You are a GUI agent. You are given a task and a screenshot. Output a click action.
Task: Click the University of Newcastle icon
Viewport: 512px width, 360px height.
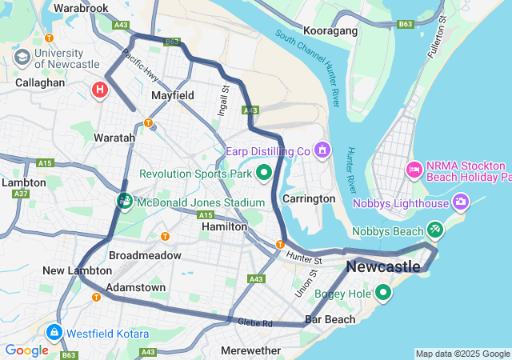(22, 57)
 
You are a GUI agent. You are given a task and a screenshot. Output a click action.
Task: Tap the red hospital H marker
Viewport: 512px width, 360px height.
(100, 89)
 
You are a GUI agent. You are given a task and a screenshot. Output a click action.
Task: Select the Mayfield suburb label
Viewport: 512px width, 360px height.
(173, 95)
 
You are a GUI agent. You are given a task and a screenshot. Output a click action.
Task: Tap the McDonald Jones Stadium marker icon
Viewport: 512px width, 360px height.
(125, 201)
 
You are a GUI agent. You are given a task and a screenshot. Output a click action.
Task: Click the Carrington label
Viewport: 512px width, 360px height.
(309, 198)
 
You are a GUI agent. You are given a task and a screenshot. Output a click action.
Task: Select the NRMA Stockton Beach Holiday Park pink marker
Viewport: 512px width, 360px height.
(414, 169)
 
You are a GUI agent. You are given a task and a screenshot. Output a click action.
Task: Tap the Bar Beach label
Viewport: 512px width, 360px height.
(330, 320)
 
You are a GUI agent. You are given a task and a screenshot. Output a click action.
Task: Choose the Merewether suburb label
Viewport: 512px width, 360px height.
(250, 350)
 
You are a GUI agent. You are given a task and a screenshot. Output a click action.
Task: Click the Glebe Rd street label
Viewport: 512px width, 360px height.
(256, 323)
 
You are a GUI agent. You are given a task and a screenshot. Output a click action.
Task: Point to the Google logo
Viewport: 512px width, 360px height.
(26, 350)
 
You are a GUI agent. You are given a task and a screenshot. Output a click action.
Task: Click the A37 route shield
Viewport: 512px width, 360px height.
(21, 194)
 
